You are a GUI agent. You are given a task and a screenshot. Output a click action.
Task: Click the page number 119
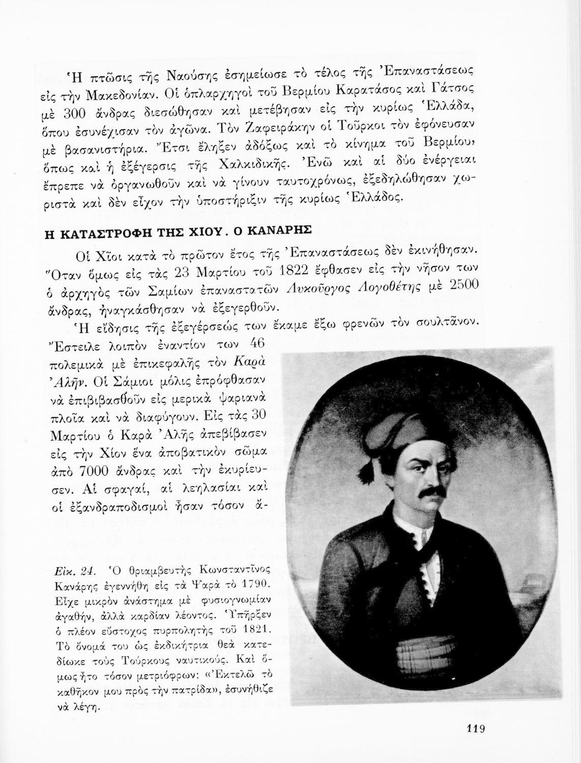pos(475,728)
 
